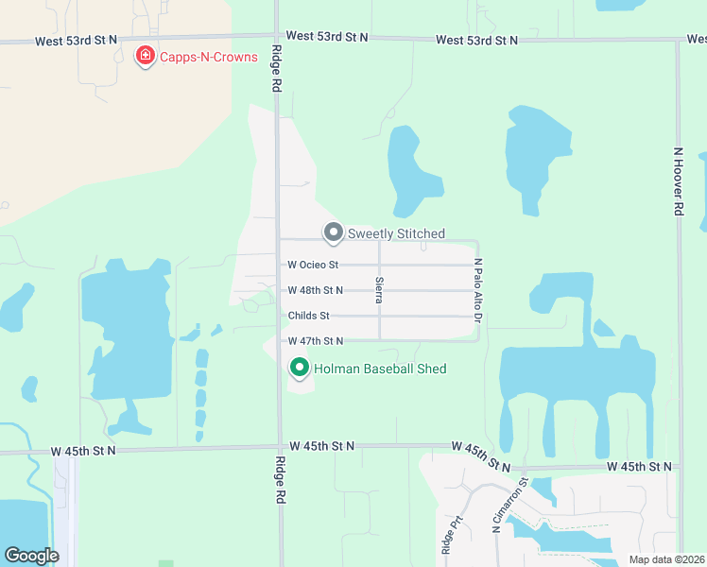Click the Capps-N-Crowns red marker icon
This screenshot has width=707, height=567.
pyautogui.click(x=146, y=57)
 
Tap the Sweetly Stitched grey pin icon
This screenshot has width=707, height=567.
pyautogui.click(x=333, y=232)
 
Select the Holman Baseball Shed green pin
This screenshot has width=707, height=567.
pyautogui.click(x=300, y=368)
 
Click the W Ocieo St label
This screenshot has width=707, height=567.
pyautogui.click(x=313, y=266)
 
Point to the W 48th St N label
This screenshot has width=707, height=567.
pyautogui.click(x=315, y=290)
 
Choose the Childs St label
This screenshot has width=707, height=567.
pyautogui.click(x=308, y=316)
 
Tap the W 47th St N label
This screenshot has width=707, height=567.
pyautogui.click(x=315, y=340)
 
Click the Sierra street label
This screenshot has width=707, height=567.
pyautogui.click(x=379, y=289)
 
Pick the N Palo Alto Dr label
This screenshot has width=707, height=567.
pyautogui.click(x=478, y=290)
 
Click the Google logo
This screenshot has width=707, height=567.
pyautogui.click(x=31, y=556)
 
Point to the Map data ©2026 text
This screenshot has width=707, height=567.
pyautogui.click(x=665, y=559)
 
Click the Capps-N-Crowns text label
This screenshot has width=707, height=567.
pyautogui.click(x=208, y=57)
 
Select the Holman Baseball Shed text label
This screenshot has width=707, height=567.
pyautogui.click(x=380, y=369)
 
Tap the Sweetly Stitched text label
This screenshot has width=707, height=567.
pyautogui.click(x=396, y=233)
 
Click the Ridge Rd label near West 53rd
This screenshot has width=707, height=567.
pyautogui.click(x=277, y=69)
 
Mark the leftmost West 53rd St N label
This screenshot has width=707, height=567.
pyautogui.click(x=77, y=41)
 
